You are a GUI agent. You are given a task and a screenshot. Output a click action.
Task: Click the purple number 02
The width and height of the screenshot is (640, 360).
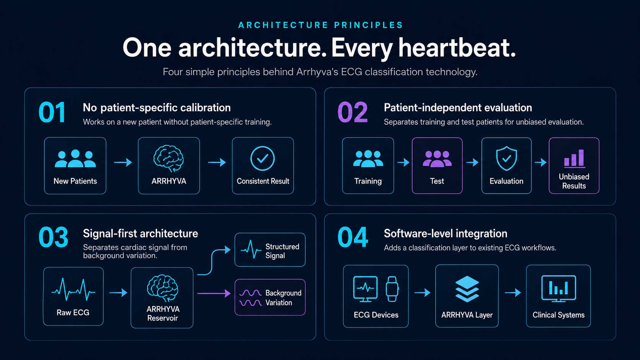tap(353, 112)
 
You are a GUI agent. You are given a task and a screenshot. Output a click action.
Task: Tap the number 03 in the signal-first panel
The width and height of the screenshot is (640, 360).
tap(54, 237)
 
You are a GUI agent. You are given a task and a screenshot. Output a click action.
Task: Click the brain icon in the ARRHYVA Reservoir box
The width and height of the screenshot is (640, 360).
tap(163, 288)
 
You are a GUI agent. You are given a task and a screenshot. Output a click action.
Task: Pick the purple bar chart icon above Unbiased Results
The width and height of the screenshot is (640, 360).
tap(574, 158)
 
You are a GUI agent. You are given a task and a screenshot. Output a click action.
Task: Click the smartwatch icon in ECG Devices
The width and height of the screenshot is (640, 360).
tap(392, 289)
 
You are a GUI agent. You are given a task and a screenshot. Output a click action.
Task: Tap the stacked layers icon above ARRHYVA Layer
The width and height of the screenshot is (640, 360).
tap(467, 289)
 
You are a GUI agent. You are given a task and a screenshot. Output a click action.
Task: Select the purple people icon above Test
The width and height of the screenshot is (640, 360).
tap(437, 159)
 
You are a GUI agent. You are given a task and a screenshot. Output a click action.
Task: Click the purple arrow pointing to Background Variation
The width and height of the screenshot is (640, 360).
tap(214, 293)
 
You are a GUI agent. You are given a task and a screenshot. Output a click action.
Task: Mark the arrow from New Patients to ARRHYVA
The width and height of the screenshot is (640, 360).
tap(123, 163)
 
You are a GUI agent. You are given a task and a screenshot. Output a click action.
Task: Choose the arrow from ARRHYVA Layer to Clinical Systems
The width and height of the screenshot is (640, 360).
tap(513, 293)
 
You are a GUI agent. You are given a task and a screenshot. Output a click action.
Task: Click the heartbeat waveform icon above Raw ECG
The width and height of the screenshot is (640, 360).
tap(73, 290)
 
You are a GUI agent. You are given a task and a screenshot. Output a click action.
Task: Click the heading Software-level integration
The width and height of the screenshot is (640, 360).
tap(446, 233)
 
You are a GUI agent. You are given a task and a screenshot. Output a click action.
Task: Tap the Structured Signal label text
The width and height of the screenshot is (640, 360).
tap(282, 251)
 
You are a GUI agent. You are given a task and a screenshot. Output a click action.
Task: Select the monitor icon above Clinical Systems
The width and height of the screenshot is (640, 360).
tap(558, 288)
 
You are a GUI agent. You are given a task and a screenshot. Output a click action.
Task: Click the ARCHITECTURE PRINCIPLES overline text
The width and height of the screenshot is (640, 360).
tap(320, 25)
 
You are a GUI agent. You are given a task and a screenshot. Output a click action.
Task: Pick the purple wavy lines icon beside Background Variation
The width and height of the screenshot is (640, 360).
tap(250, 298)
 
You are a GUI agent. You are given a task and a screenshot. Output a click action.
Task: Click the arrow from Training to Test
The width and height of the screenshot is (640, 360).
tap(403, 163)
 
